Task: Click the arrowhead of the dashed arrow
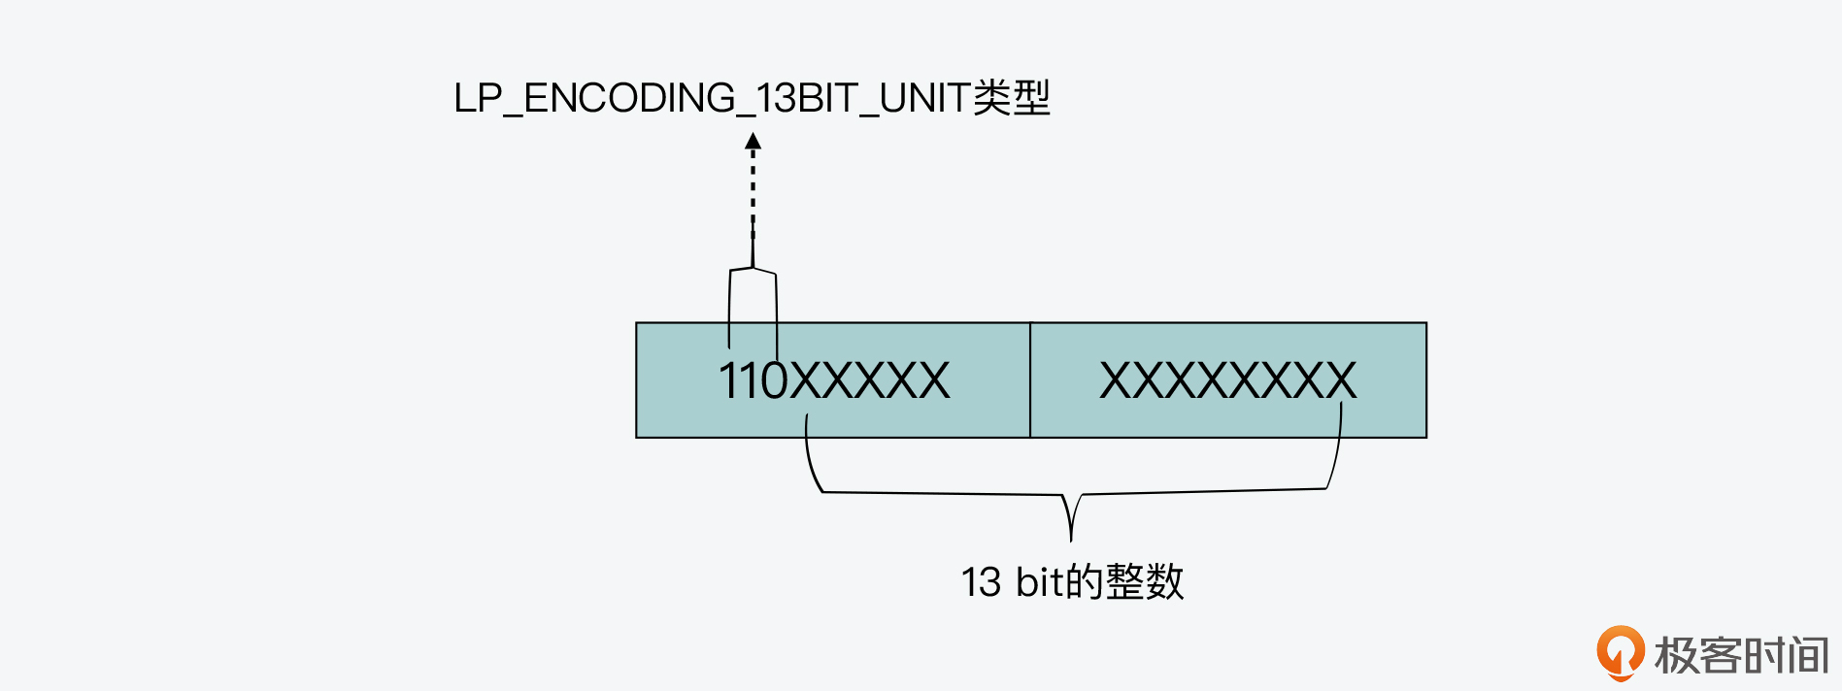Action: [753, 142]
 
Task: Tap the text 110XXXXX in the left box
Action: [833, 380]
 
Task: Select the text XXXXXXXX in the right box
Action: [1227, 380]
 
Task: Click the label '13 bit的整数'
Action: [1072, 581]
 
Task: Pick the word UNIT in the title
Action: [924, 99]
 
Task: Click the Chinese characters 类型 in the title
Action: [1012, 98]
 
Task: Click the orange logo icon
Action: [1620, 651]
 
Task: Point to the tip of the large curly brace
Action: [1070, 536]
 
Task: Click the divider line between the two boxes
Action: [1030, 380]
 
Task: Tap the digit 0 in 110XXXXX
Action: [774, 380]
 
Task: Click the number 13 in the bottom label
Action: [981, 582]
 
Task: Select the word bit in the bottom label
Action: [1040, 582]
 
